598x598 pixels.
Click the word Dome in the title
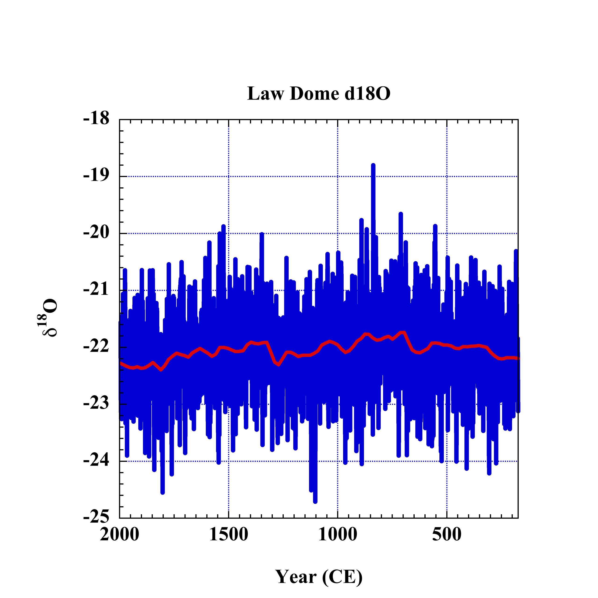pyautogui.click(x=314, y=93)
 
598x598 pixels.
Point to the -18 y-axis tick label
pyautogui.click(x=96, y=119)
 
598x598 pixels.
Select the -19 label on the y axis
pyautogui.click(x=96, y=176)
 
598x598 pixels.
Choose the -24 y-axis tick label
pyautogui.click(x=96, y=461)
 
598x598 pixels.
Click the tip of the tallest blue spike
pyautogui.click(x=373, y=165)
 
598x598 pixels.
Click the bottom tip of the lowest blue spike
pyautogui.click(x=315, y=502)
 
